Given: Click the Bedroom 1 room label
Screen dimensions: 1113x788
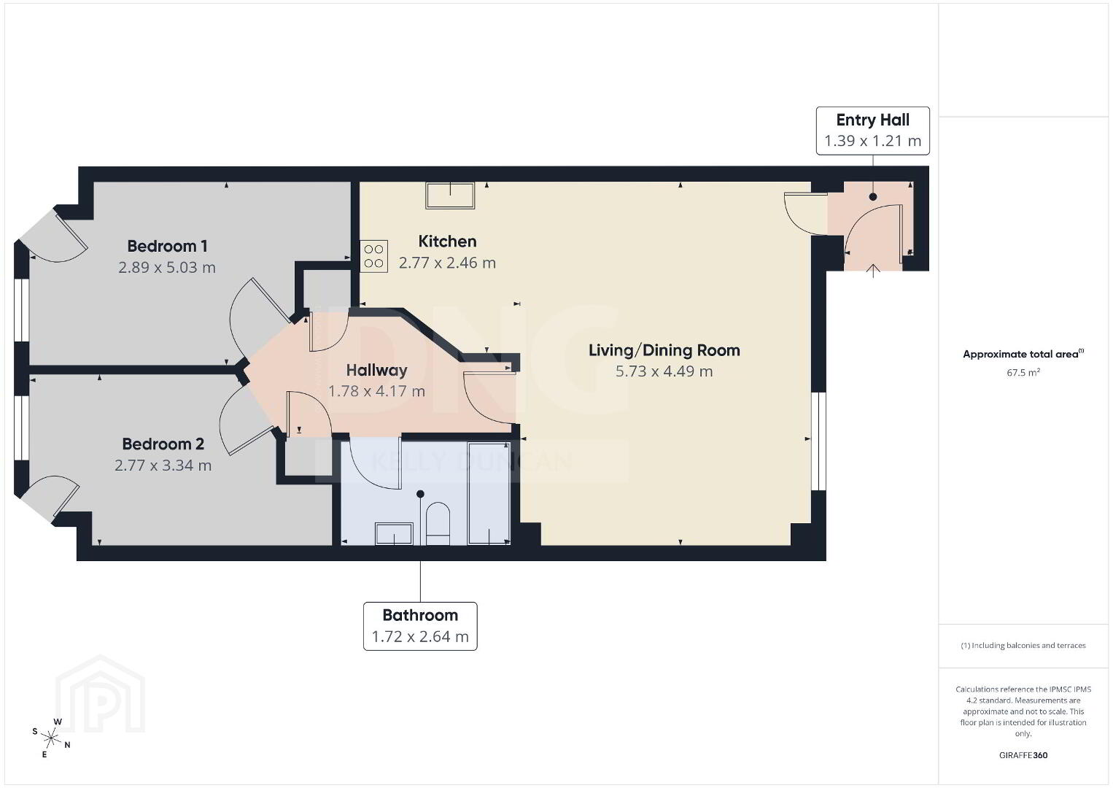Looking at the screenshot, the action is pyautogui.click(x=167, y=246).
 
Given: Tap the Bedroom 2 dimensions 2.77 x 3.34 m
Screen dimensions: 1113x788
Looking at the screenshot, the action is pyautogui.click(x=163, y=466).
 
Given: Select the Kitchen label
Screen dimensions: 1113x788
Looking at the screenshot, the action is pyautogui.click(x=447, y=241).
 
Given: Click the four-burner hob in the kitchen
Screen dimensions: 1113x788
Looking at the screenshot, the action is pyautogui.click(x=373, y=256).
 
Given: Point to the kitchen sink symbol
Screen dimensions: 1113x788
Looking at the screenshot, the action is pyautogui.click(x=450, y=195).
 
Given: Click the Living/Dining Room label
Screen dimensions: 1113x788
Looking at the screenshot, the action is pyautogui.click(x=664, y=350).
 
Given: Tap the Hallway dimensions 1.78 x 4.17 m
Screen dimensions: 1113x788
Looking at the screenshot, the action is pyautogui.click(x=376, y=391).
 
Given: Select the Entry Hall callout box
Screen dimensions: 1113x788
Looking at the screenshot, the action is pyautogui.click(x=872, y=131).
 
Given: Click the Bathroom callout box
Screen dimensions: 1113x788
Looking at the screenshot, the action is pyautogui.click(x=420, y=626).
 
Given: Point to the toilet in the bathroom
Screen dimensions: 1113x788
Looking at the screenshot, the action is pyautogui.click(x=438, y=524).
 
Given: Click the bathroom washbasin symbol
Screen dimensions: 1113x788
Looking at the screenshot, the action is pyautogui.click(x=394, y=533).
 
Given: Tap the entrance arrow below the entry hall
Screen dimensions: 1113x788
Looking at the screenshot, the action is pyautogui.click(x=873, y=271).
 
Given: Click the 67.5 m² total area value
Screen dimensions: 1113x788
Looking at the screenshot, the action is pyautogui.click(x=1023, y=372).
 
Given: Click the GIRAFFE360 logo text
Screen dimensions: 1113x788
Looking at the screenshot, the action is pyautogui.click(x=1023, y=755).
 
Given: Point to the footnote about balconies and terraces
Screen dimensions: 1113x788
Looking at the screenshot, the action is pyautogui.click(x=1023, y=645).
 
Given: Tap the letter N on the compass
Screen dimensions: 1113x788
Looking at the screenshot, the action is pyautogui.click(x=68, y=745).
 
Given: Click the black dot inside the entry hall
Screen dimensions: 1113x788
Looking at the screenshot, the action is pyautogui.click(x=873, y=197).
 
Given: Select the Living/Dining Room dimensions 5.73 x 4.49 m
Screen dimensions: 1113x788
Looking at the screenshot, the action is pyautogui.click(x=664, y=371).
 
